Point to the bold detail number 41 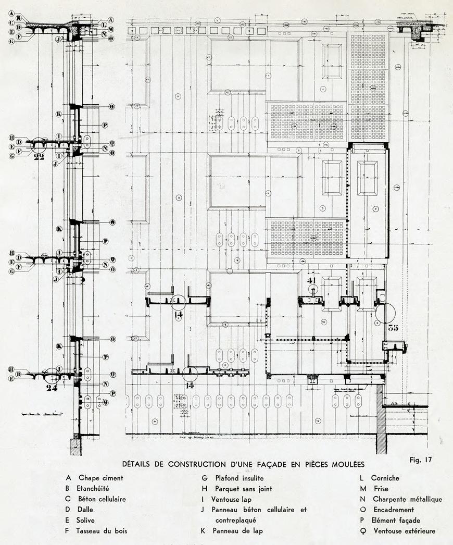312,280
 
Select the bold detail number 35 393,328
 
